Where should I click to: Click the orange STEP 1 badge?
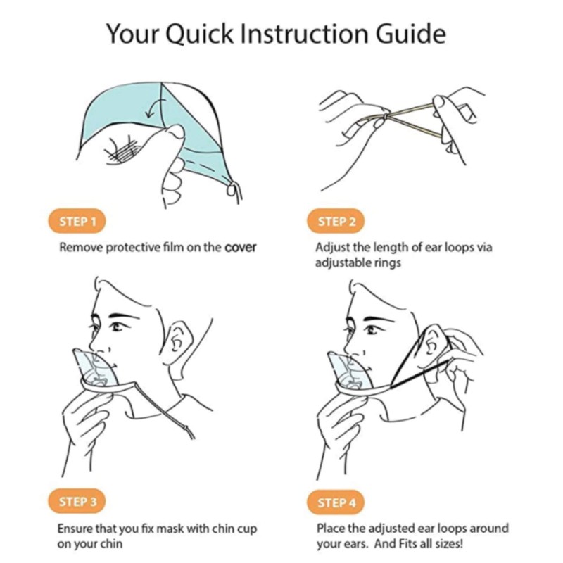(77, 221)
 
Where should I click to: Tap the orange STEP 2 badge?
(336, 221)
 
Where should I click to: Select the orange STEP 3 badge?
(77, 501)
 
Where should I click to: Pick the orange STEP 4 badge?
(336, 502)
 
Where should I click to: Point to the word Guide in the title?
(411, 33)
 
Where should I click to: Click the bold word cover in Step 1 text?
(240, 248)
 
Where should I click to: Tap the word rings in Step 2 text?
(388, 263)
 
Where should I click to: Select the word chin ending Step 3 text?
(110, 543)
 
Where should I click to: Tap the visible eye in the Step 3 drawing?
(118, 327)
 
